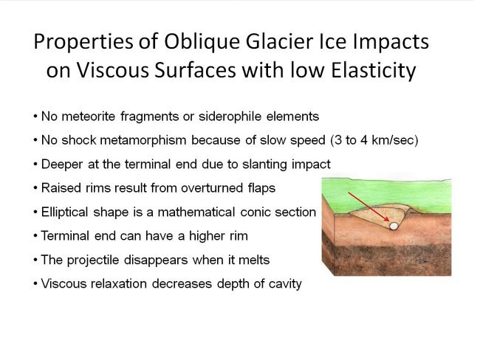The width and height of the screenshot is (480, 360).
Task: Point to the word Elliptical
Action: (66, 212)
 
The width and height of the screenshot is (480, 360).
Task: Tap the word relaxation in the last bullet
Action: (119, 283)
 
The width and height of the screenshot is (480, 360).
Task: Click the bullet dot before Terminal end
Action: (35, 236)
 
